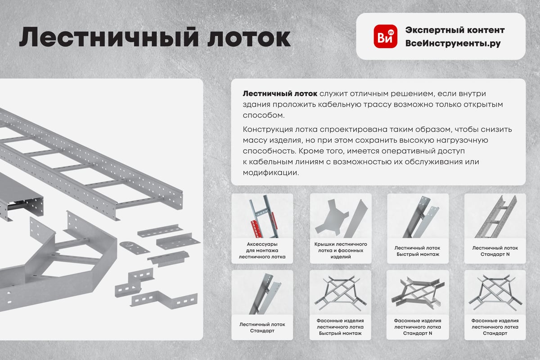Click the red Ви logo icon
pyautogui.click(x=386, y=36)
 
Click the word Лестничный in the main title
pyautogui.click(x=109, y=37)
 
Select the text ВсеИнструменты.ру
pyautogui.click(x=453, y=43)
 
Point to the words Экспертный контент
pyautogui.click(x=455, y=30)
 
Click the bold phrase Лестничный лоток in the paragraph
pyautogui.click(x=280, y=94)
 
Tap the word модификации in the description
pyautogui.click(x=271, y=173)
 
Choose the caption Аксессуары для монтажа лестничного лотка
pyautogui.click(x=262, y=251)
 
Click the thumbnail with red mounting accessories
pyautogui.click(x=262, y=216)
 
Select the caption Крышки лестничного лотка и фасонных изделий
pyautogui.click(x=340, y=251)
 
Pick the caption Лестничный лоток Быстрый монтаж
pyautogui.click(x=418, y=251)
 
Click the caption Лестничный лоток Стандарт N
pyautogui.click(x=495, y=251)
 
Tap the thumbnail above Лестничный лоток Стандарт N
pyautogui.click(x=495, y=216)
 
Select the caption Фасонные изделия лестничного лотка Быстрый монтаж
pyautogui.click(x=340, y=327)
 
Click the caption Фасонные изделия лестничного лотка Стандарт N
pyautogui.click(x=418, y=327)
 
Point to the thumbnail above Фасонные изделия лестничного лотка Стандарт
pyautogui.click(x=495, y=292)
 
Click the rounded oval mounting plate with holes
pyautogui.click(x=134, y=247)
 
